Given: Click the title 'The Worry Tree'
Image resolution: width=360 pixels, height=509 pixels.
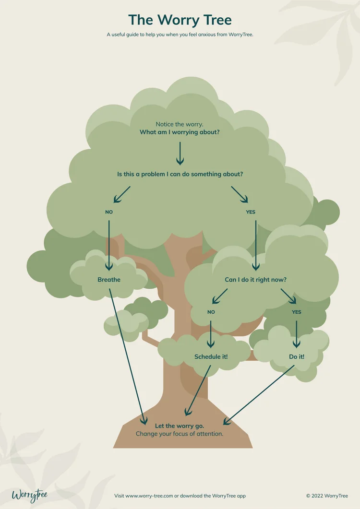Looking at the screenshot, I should [180, 20].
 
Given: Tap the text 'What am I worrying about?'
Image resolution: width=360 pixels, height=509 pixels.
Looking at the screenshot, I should [180, 132].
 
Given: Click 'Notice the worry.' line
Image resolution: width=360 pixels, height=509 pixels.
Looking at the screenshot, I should [180, 124].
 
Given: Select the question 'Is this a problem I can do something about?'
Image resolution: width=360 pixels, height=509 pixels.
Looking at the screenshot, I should [180, 174].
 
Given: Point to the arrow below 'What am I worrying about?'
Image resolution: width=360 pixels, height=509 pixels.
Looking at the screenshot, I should [180, 154].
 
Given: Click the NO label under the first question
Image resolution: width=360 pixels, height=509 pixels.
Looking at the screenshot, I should [109, 212].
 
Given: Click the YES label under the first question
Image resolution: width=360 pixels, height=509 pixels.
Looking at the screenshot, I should [251, 212].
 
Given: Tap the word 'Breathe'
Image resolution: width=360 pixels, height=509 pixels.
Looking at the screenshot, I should [109, 280].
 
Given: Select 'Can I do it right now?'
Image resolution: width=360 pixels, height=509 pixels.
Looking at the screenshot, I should [256, 280].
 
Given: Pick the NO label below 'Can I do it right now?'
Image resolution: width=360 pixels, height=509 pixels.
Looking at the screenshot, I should [211, 312].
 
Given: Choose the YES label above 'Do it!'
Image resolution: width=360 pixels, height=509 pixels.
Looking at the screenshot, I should [297, 312].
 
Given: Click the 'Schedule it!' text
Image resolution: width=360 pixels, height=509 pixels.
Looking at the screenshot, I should [211, 357].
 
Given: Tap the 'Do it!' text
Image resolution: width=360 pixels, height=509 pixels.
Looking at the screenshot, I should [297, 357].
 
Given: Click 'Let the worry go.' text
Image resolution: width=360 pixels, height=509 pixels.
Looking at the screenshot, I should [180, 426].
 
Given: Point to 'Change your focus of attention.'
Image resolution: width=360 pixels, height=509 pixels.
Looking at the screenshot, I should [180, 434].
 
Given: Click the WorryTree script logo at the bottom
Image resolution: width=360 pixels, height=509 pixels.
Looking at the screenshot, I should [29, 495].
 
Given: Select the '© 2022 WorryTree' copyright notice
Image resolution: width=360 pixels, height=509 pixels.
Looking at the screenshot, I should [327, 496].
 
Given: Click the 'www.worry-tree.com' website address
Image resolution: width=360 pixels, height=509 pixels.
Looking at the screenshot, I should [149, 496].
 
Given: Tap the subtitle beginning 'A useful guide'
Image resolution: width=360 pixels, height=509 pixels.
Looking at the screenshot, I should [180, 35].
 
